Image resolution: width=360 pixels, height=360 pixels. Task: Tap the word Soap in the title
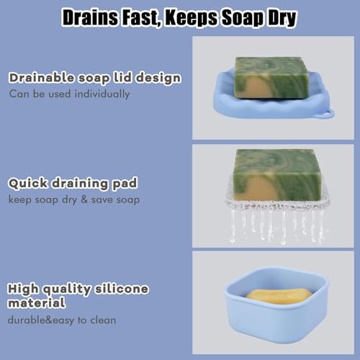(243, 18)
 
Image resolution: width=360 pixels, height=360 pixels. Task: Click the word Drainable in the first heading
(42, 78)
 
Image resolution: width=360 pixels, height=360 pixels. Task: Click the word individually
(102, 94)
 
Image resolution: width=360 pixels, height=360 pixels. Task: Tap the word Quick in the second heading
(28, 184)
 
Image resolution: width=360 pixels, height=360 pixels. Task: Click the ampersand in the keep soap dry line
(84, 199)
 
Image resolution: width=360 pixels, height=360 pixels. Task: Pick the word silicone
(121, 289)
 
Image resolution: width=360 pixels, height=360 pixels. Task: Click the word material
(37, 302)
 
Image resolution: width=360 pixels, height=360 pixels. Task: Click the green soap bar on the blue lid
(271, 78)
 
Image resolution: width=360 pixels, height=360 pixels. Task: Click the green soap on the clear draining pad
(277, 175)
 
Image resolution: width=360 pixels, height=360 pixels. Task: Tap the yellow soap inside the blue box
(279, 296)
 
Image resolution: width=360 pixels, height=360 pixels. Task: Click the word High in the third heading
(23, 289)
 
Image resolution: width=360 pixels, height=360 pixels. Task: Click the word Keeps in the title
(192, 18)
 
